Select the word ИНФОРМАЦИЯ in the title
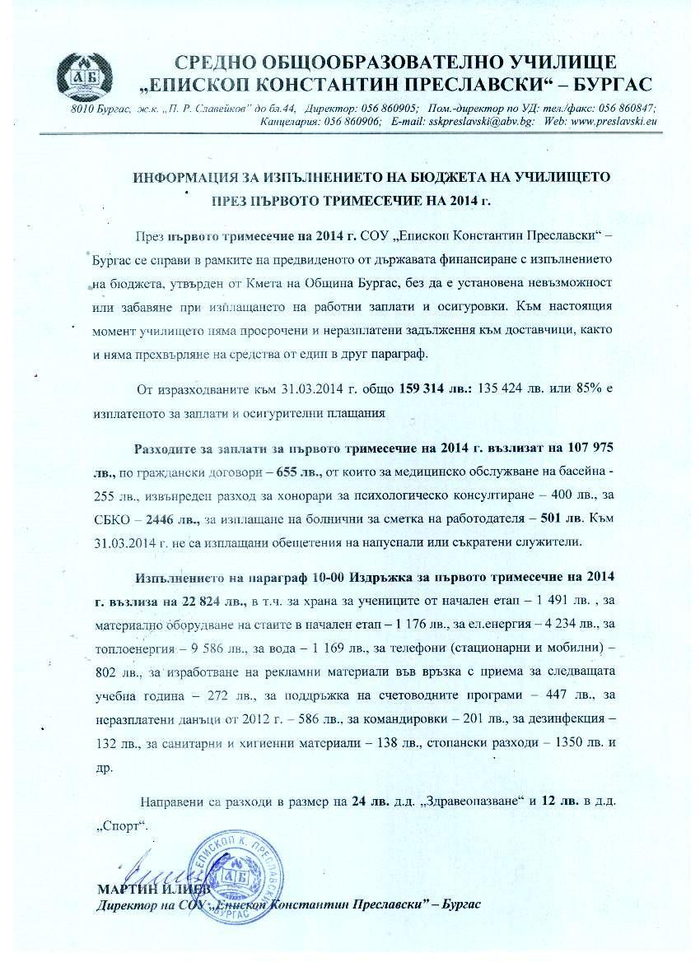coord(183,178)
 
